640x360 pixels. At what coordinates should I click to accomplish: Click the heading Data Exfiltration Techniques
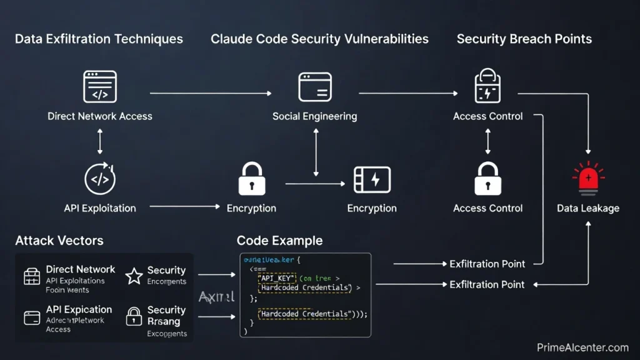(99, 39)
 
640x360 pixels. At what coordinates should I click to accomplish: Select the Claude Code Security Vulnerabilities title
(319, 39)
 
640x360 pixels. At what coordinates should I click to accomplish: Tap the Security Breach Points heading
(524, 39)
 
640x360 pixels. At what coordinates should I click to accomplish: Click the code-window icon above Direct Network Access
(100, 86)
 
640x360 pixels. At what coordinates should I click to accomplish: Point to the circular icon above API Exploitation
(100, 179)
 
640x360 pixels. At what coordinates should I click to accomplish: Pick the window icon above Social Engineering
(315, 87)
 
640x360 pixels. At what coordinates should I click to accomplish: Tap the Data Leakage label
(588, 208)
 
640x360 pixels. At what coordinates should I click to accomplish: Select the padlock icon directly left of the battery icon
(252, 179)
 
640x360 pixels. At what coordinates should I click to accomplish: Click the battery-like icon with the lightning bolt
(372, 179)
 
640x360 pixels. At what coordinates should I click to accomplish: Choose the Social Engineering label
(315, 116)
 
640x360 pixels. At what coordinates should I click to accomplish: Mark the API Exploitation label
(100, 208)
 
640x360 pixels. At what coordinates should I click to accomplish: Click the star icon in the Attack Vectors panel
(134, 276)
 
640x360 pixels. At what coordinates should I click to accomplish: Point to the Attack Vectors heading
(59, 241)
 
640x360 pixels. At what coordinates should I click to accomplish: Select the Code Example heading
(279, 241)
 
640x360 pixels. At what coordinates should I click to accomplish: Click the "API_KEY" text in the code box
(278, 277)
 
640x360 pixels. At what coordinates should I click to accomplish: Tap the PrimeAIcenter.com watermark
(582, 347)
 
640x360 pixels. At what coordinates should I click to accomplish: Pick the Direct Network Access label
(100, 116)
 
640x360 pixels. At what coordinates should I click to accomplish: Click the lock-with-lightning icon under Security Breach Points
(487, 86)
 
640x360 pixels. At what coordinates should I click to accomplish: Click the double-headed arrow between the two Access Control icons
(487, 141)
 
